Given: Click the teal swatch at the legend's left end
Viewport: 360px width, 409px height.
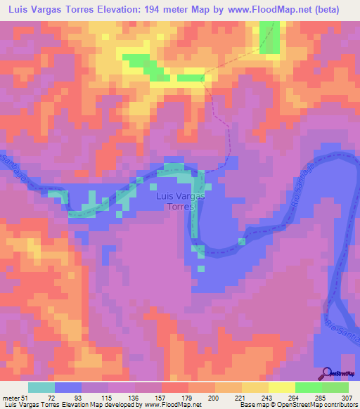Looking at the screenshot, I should [41, 387].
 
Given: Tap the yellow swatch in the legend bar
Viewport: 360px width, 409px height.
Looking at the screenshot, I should [281, 387].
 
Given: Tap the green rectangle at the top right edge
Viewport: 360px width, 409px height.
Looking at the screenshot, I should [268, 37].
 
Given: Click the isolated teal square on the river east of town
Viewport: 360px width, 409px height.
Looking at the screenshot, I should [242, 242].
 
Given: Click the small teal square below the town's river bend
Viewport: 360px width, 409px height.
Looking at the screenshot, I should [201, 268].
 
